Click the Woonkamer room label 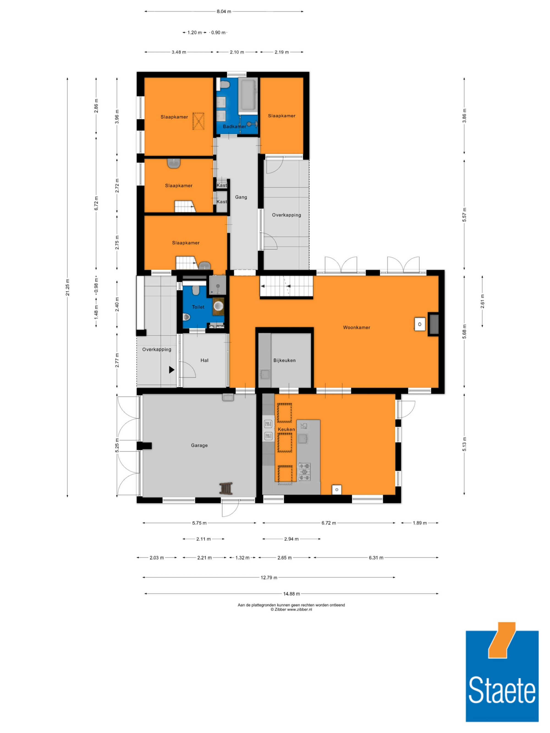point(356,327)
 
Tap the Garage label point(199,445)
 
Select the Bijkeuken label point(284,360)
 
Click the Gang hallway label point(241,197)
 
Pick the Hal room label point(204,360)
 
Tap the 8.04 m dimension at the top point(224,12)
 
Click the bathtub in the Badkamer point(248,95)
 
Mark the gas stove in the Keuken point(304,472)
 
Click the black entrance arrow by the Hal point(171,369)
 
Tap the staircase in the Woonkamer point(287,286)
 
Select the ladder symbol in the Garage point(226,488)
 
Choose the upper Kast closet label point(221,185)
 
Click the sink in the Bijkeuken point(265,374)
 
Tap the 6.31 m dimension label point(376,558)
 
